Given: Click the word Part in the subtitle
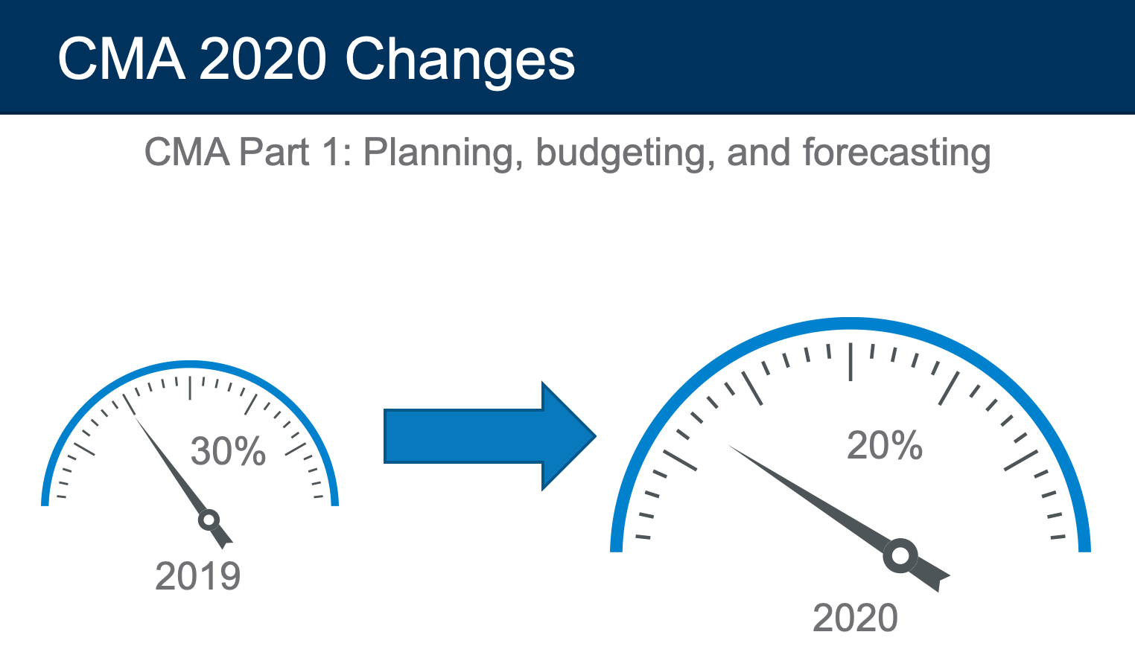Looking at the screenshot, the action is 273,152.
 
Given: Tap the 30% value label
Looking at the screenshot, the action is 228,451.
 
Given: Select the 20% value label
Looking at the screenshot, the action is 885,445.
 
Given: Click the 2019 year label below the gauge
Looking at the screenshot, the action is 197,576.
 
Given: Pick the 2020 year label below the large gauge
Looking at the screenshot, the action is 855,618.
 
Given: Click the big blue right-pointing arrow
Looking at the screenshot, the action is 489,436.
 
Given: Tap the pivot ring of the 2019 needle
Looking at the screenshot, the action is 209,520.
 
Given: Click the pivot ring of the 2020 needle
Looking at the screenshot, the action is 900,555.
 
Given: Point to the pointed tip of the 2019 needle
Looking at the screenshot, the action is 134,416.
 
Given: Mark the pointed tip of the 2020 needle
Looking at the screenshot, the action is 728,446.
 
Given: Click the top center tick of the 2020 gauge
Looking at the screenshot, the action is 851,362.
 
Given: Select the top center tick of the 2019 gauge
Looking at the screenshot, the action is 190,388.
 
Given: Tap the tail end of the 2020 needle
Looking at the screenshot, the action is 944,583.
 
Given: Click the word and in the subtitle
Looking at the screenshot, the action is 759,152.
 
